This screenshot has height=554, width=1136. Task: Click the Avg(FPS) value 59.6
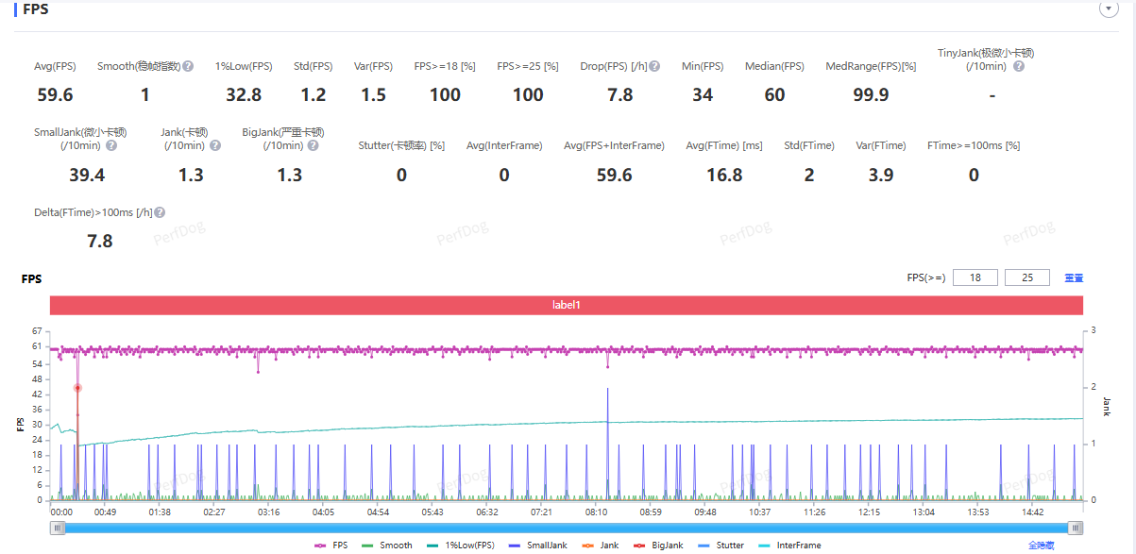click(54, 94)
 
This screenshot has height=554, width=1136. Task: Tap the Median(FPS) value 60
click(774, 94)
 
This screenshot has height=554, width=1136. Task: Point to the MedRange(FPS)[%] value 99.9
click(871, 94)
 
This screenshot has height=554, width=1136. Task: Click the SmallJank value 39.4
click(87, 175)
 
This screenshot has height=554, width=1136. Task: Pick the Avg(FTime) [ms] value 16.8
click(724, 175)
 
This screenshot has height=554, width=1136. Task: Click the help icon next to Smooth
click(188, 66)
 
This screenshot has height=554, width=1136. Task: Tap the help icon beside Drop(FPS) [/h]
click(655, 66)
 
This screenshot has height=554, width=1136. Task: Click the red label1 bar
click(567, 306)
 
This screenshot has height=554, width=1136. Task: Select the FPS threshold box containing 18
click(975, 277)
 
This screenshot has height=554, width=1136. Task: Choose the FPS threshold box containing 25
click(1027, 277)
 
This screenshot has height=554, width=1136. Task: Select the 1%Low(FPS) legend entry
click(465, 546)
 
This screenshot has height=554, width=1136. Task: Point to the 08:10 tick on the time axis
click(596, 512)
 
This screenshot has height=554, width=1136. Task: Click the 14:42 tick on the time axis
click(1032, 512)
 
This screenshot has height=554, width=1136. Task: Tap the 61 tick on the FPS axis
click(36, 346)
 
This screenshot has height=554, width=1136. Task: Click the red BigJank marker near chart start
click(77, 388)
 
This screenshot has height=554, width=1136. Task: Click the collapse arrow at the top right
click(1109, 8)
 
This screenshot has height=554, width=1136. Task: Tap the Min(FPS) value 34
click(703, 94)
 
